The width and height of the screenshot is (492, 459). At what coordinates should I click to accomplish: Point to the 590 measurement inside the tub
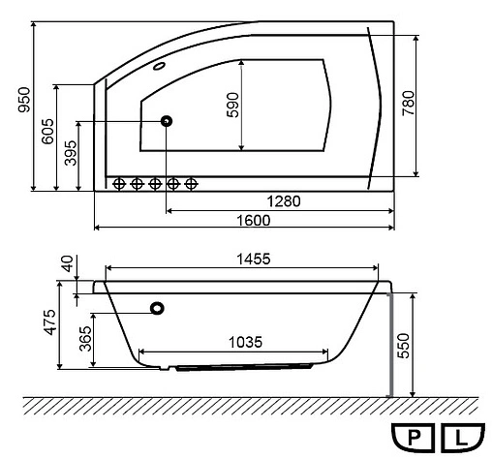click(x=232, y=104)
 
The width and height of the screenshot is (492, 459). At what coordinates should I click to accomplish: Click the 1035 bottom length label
click(x=247, y=343)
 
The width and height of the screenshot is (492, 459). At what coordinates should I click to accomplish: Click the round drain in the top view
click(x=168, y=120)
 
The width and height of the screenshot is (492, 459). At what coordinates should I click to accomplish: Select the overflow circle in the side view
click(x=156, y=310)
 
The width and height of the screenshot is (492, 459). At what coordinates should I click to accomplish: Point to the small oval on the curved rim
click(x=160, y=68)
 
